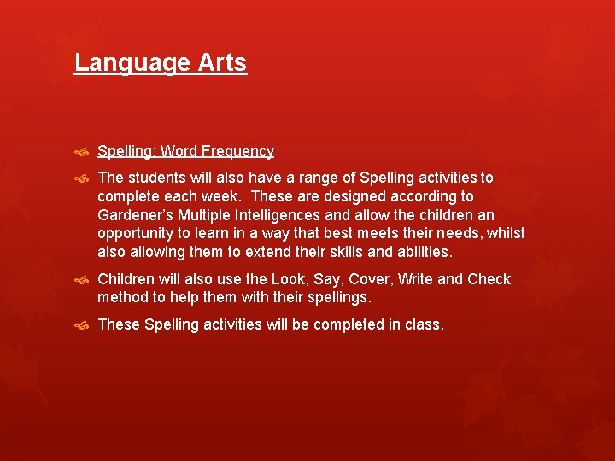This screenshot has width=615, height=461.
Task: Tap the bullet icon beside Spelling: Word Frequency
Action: pyautogui.click(x=82, y=152)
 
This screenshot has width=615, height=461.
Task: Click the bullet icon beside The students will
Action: pyautogui.click(x=82, y=178)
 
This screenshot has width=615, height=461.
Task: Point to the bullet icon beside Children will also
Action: pyautogui.click(x=82, y=280)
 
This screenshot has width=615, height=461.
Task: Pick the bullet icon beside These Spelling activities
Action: pyautogui.click(x=82, y=325)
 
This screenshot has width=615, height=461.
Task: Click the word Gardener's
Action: pyautogui.click(x=135, y=215)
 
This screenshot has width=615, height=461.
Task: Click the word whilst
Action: pyautogui.click(x=506, y=234)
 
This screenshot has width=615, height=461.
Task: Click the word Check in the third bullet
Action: pyautogui.click(x=489, y=279)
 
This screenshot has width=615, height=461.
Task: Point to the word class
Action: pyautogui.click(x=425, y=324)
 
